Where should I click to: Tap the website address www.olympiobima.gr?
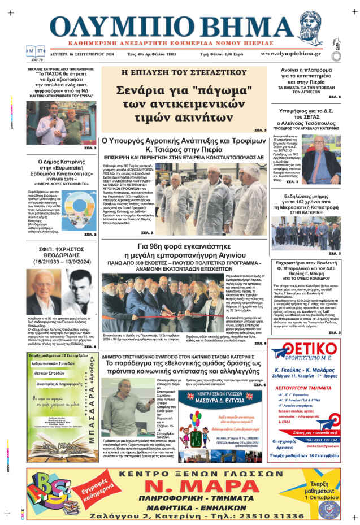pyautogui.click(x=290, y=54)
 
